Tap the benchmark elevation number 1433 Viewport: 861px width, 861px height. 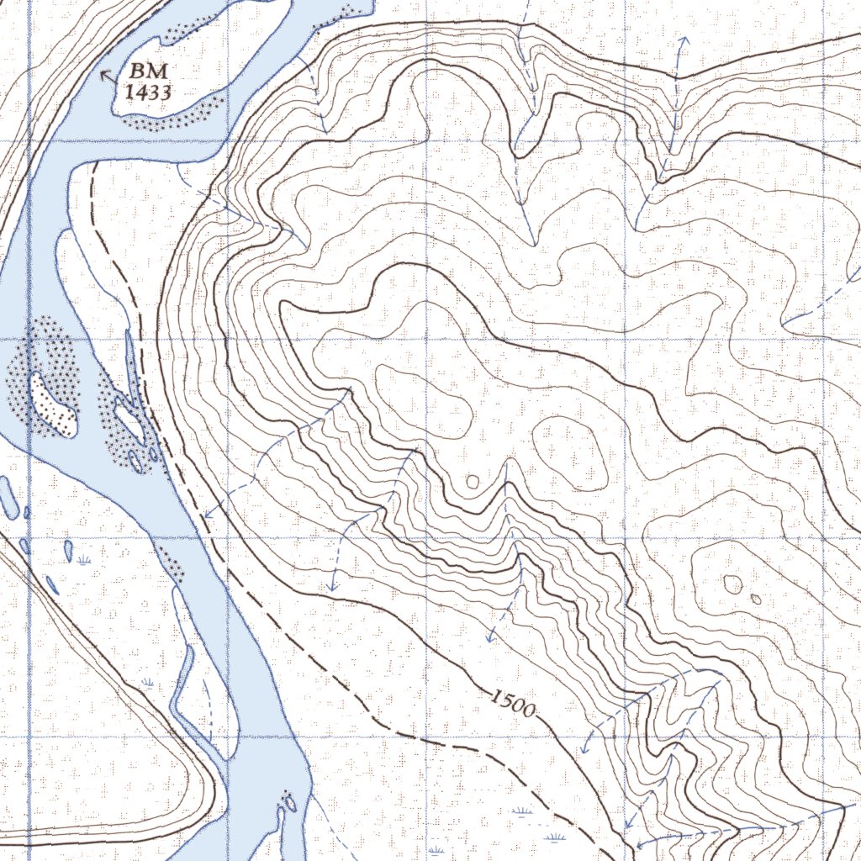click(149, 92)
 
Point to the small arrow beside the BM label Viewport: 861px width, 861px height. click(107, 77)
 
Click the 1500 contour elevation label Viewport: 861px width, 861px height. click(511, 703)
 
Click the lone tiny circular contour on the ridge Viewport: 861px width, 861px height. click(473, 482)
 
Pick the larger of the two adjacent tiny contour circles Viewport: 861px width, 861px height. click(733, 584)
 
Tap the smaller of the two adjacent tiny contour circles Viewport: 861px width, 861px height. click(756, 600)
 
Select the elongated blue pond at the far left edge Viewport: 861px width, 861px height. click(8, 497)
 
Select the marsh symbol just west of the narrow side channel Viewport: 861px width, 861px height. click(149, 683)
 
